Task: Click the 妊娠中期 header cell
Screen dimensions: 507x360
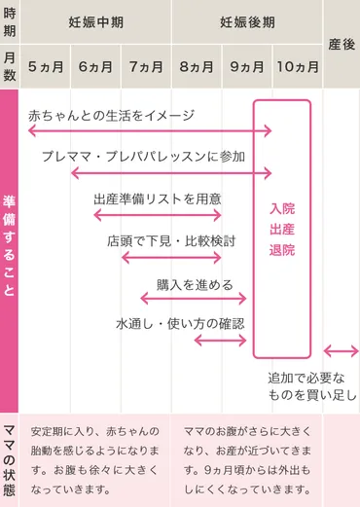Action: [96, 21]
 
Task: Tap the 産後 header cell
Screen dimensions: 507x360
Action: [341, 44]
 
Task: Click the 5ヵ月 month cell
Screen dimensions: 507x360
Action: [46, 66]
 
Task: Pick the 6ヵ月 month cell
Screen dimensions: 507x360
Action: [96, 66]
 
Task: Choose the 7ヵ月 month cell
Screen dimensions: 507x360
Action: [146, 66]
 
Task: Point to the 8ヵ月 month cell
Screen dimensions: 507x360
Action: [196, 66]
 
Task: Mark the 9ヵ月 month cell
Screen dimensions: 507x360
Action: [246, 66]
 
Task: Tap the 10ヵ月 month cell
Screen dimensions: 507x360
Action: [296, 66]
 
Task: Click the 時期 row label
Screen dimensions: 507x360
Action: [10, 21]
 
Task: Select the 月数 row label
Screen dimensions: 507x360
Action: [10, 66]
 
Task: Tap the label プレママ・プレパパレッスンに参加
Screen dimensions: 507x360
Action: [143, 156]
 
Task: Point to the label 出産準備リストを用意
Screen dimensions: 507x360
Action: [157, 199]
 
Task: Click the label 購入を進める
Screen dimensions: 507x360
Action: [195, 284]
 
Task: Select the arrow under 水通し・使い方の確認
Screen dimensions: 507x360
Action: [220, 341]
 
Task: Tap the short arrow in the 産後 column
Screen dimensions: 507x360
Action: [341, 351]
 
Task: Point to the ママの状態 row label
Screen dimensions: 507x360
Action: [10, 459]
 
